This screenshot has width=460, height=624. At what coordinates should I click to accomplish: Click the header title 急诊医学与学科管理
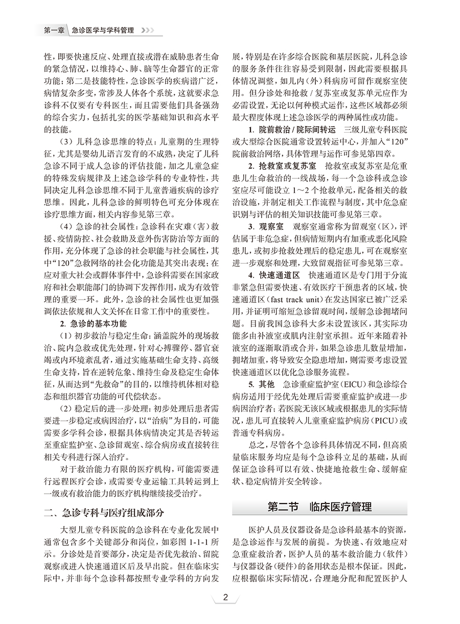[104, 31]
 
